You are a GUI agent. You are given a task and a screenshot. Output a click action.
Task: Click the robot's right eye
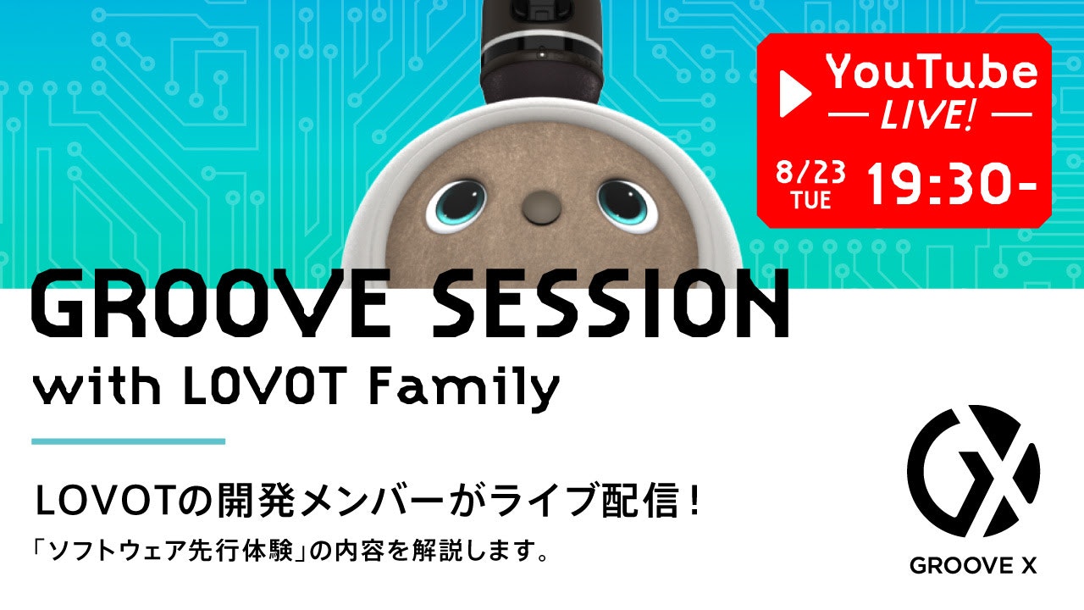(x=628, y=205)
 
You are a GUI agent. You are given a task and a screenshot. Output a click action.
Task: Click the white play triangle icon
(x=794, y=93)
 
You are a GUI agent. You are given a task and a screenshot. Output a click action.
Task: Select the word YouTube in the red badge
(x=931, y=72)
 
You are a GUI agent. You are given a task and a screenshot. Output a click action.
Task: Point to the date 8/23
(x=811, y=172)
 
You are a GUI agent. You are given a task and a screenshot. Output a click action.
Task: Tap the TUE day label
(x=811, y=200)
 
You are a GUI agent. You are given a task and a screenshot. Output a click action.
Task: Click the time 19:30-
(x=951, y=184)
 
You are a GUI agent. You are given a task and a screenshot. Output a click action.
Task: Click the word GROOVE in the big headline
(x=211, y=305)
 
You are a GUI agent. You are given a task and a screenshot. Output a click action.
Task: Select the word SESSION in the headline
(x=611, y=305)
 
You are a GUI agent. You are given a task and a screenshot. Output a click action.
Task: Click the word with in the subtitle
(x=97, y=385)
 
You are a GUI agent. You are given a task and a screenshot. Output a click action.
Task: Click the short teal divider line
(x=128, y=441)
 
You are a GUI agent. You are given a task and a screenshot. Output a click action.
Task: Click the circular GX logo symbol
(x=973, y=471)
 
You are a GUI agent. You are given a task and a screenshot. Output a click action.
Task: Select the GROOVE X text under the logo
(x=973, y=565)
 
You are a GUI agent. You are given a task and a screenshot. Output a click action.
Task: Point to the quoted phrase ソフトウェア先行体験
(x=171, y=552)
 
